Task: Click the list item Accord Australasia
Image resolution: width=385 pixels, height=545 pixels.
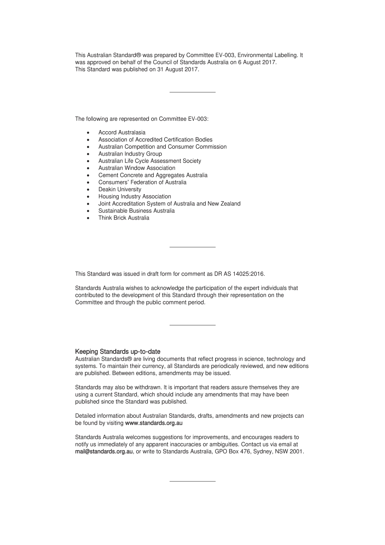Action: [x=122, y=133]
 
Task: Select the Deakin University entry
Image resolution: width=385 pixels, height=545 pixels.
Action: [x=120, y=189]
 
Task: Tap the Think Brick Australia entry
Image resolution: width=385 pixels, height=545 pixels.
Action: [x=124, y=218]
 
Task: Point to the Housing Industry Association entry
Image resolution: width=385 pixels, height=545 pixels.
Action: [x=135, y=197]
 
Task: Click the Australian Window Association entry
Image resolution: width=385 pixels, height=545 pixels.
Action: [x=137, y=168]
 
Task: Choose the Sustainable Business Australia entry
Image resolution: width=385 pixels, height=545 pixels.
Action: [x=136, y=211]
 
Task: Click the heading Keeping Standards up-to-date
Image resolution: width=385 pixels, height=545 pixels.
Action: [x=118, y=352]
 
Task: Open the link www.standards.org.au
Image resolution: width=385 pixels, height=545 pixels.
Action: [x=154, y=423]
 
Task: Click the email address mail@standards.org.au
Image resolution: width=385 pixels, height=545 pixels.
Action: [x=104, y=451]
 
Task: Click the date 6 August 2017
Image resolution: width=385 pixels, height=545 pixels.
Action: [x=259, y=62]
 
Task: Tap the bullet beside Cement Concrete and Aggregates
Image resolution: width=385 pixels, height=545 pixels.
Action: [x=88, y=175]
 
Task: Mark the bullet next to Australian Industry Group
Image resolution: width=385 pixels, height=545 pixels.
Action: [x=88, y=154]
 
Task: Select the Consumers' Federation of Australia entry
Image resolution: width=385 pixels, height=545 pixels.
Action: [x=142, y=182]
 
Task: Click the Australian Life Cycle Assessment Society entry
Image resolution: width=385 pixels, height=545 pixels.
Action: [x=150, y=161]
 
